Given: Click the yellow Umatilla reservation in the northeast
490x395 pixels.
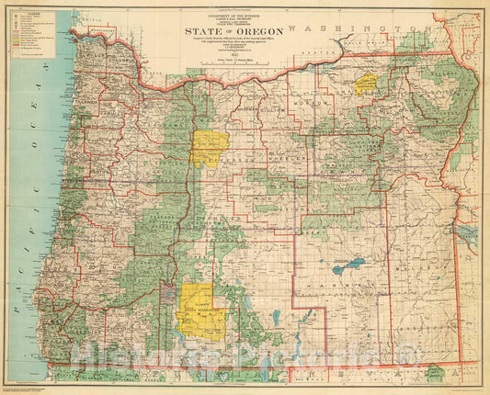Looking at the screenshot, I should coord(368,84).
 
